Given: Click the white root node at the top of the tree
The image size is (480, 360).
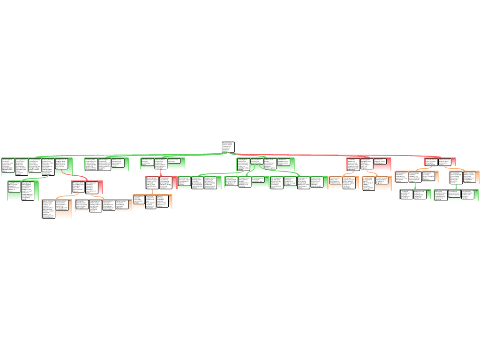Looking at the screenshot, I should click(228, 147).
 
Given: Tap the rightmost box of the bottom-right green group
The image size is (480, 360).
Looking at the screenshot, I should click(470, 195).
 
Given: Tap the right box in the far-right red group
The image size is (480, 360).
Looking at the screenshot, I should click(447, 162).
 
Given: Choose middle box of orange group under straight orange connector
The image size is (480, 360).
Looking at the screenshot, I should click(151, 202).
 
